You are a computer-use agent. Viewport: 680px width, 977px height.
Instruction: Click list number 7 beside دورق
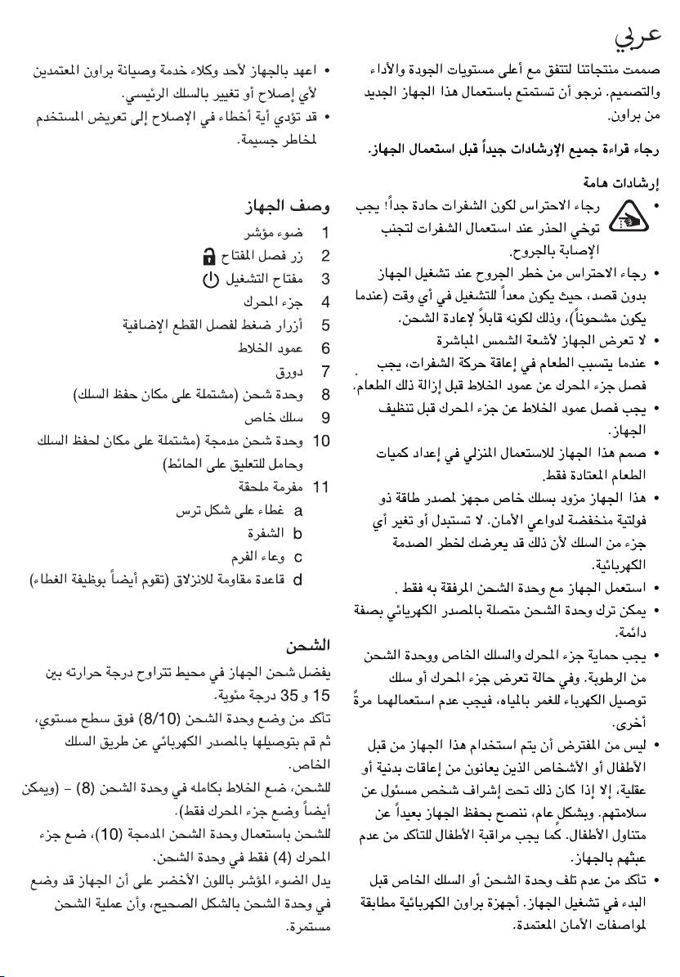(x=324, y=372)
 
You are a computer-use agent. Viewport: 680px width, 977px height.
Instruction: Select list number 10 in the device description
(x=321, y=441)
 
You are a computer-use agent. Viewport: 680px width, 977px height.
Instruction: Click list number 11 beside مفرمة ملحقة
(x=321, y=488)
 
